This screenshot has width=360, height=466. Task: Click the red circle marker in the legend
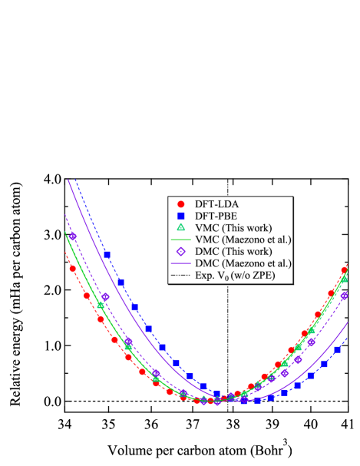coord(181,204)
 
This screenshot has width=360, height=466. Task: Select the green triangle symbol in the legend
coord(181,227)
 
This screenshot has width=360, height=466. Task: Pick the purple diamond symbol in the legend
coord(181,251)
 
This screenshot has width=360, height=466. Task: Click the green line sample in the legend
coord(181,240)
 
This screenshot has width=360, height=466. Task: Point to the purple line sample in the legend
coord(181,263)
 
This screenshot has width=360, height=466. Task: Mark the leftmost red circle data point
coord(73,269)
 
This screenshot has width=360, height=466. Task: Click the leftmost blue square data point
coord(107,254)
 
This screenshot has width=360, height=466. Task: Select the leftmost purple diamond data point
coord(73,236)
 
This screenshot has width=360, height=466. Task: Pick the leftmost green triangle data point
coord(101,305)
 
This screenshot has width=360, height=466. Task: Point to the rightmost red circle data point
coord(344,269)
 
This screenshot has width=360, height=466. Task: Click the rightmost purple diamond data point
coord(344,295)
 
